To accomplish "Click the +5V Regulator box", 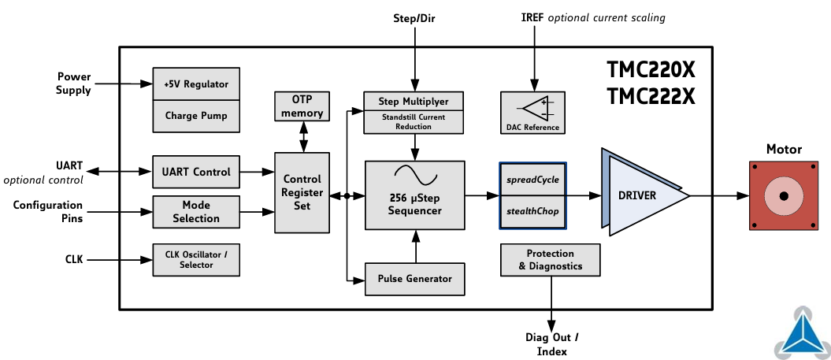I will coord(195,84).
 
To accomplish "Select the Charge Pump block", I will coord(195,116).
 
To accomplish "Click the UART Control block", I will coord(195,172).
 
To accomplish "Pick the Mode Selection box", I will coord(195,211).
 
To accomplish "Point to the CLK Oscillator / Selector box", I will coord(195,259).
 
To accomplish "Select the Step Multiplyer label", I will coord(414,102).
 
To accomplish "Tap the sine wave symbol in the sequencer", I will coord(414,174).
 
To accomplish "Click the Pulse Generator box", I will coord(414,278).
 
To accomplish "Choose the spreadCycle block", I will coord(532,180).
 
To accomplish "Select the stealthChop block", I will coord(532,211).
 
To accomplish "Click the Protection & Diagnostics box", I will coord(551,260).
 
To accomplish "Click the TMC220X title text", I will coord(651,71).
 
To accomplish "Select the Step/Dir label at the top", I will coord(414,17).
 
